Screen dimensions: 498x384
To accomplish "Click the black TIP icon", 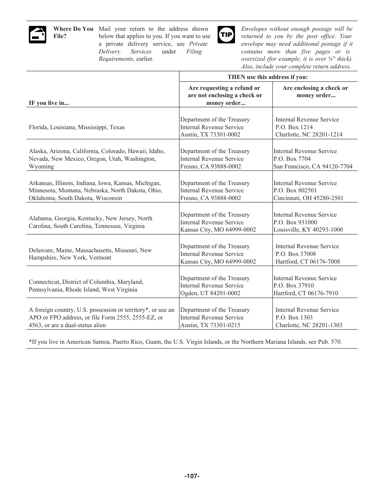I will [x=226, y=35].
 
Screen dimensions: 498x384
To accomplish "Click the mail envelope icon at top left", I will [x=38, y=35].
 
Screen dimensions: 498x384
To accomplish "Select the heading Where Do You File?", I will [x=73, y=32].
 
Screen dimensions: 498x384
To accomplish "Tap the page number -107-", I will [x=192, y=476].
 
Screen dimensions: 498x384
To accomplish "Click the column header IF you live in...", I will [x=49, y=103].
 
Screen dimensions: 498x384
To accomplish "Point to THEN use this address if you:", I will [x=268, y=77].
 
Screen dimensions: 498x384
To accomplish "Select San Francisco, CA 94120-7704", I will [x=313, y=166].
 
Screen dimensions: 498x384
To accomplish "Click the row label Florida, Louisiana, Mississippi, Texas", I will [x=77, y=127].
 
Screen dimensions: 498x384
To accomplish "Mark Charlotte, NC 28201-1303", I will [x=309, y=325].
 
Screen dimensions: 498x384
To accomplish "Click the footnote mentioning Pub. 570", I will [x=185, y=342].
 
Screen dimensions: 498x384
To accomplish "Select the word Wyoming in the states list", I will [x=41, y=166].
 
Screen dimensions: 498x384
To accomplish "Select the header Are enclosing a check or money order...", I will [x=315, y=92].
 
